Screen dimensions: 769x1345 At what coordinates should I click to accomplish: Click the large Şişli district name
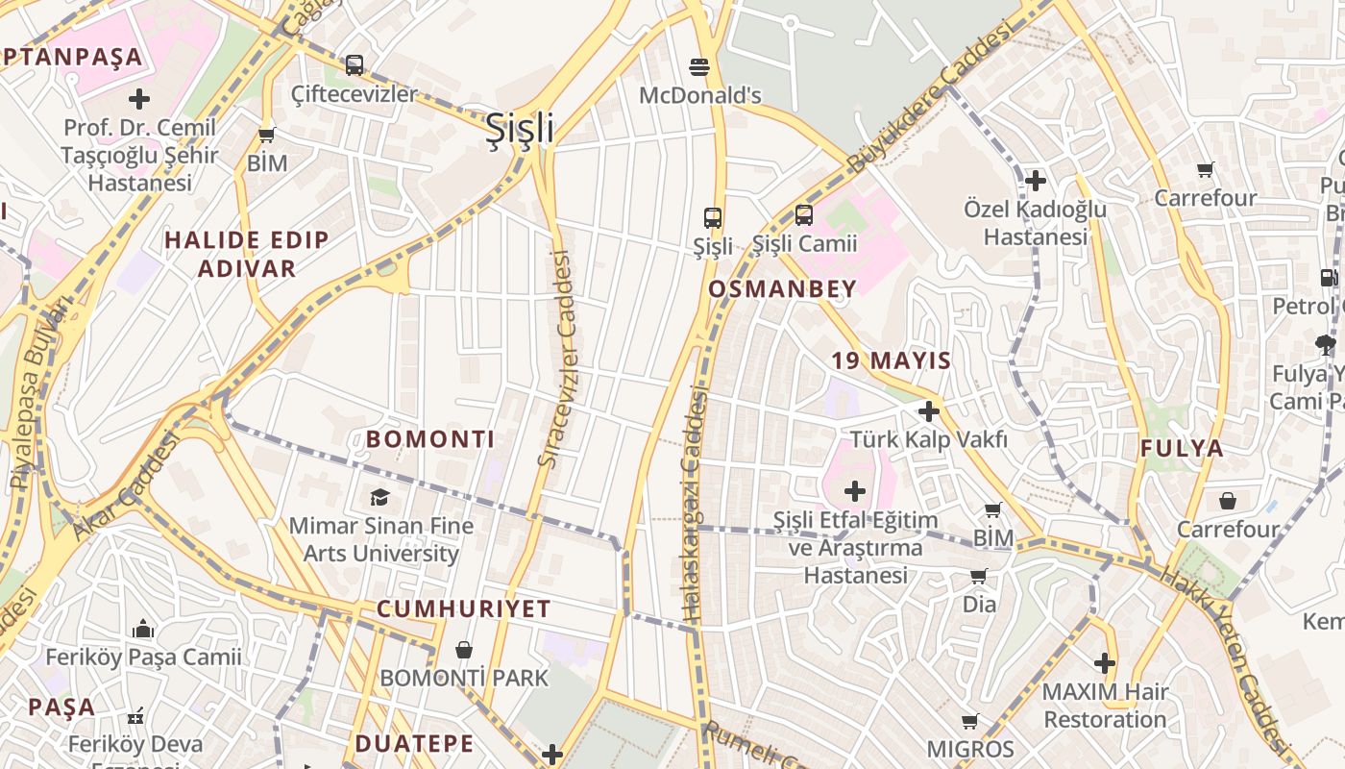coord(520,127)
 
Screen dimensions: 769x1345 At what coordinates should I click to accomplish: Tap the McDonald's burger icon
coord(699,66)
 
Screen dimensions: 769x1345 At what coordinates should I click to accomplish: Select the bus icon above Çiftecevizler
coord(355,65)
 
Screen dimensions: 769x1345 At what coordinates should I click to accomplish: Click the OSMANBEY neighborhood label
coord(782,288)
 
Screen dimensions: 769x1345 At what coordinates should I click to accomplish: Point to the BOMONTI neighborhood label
coord(430,439)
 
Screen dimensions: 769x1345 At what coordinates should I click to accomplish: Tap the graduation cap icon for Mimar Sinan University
coord(380,497)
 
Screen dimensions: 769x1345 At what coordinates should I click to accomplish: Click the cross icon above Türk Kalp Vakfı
coord(928,411)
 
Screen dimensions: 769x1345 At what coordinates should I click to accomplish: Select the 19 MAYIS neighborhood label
coord(892,361)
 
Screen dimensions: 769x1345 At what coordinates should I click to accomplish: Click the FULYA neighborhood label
coord(1182,448)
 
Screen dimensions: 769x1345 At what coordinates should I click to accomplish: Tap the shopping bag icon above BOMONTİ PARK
coord(464,650)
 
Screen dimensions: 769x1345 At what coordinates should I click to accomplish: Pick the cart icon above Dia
coord(978,577)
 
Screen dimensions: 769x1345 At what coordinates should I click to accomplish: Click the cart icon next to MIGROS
coord(970,721)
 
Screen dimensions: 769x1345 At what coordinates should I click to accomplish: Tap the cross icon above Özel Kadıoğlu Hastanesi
coord(1035,180)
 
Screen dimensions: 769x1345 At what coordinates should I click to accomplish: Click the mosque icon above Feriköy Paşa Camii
coord(144,630)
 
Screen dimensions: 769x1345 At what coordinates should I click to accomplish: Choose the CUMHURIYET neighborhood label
coord(463,608)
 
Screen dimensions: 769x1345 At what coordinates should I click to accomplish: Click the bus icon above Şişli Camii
coord(804,215)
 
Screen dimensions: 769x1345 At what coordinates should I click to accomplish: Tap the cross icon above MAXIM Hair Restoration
coord(1105,663)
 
